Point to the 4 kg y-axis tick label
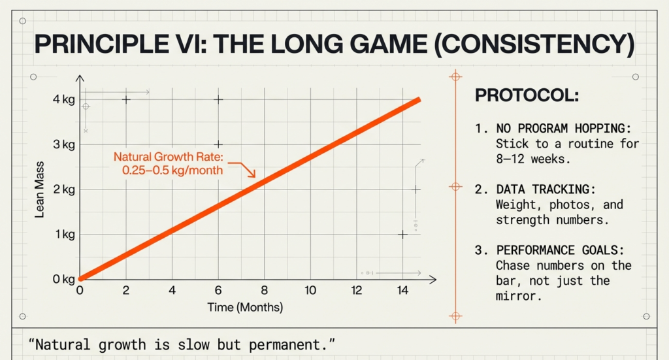click(64, 99)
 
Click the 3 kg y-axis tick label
click(64, 144)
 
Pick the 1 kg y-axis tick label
click(64, 235)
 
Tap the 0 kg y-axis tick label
click(64, 280)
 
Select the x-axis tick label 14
click(402, 291)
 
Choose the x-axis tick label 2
click(126, 291)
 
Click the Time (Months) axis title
click(245, 307)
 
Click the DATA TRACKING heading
click(546, 189)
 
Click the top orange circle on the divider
click(455, 77)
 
